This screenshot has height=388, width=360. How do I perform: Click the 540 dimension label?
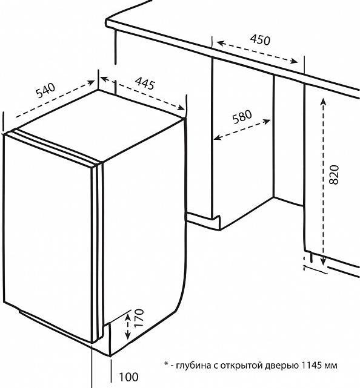45,91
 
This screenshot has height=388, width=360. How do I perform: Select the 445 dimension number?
144,84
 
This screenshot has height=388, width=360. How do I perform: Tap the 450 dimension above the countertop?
260,39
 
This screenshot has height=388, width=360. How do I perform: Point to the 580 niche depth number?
242,117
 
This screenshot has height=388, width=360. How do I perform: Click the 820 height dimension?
334,174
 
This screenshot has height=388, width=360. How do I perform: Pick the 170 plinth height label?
139,318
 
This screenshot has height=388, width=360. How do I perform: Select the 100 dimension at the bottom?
129,377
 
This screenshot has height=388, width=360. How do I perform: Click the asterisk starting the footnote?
166,364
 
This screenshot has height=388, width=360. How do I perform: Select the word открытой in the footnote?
242,366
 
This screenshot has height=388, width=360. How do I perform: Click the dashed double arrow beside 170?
128,326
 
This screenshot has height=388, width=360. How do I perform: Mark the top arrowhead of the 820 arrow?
322,102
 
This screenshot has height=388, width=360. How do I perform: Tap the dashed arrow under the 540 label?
55,99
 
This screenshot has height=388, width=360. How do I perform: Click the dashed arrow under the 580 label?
242,130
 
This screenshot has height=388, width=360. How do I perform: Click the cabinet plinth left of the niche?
203,221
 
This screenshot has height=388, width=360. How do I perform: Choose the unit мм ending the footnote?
331,366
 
